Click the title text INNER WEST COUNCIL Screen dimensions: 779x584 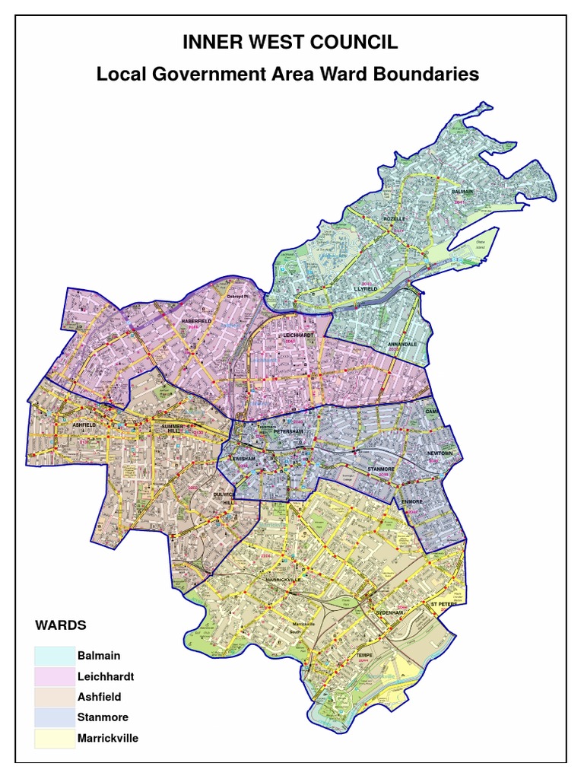click(290, 43)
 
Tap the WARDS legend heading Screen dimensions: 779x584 click(61, 625)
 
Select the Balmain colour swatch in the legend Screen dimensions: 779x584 click(54, 655)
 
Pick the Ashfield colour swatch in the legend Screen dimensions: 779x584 click(54, 696)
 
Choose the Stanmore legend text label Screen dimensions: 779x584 click(103, 717)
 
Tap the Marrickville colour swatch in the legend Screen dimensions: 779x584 click(54, 737)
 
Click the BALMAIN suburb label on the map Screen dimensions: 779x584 click(462, 192)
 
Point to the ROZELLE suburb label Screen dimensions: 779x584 click(395, 219)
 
